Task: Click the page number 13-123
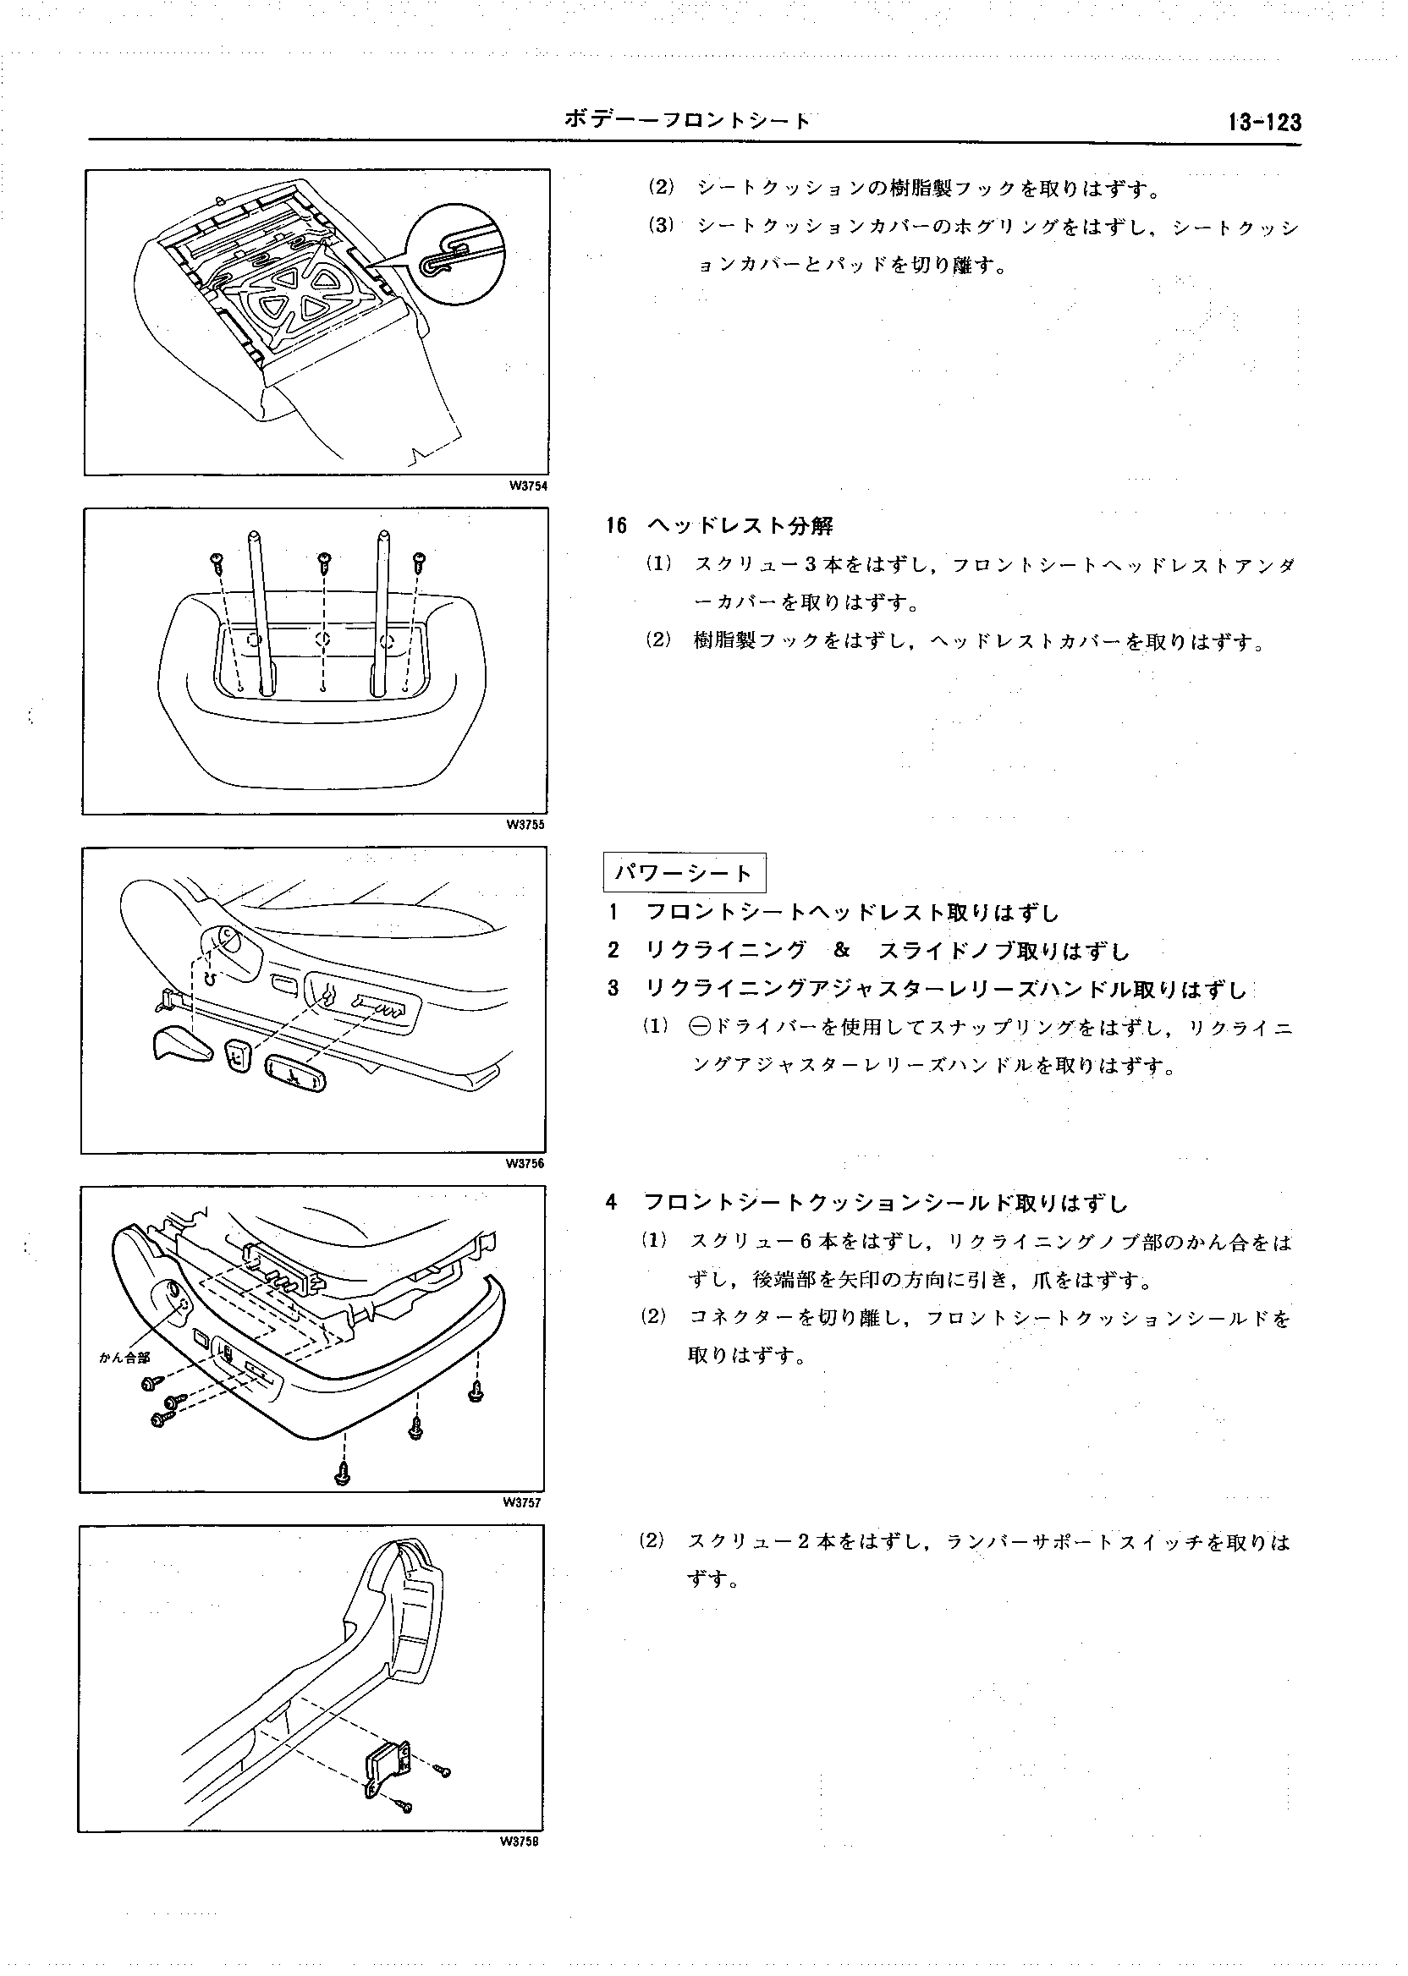tap(1264, 122)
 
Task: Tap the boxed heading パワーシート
tap(684, 873)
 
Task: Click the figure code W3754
tap(528, 486)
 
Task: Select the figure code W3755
tap(526, 825)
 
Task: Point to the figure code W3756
tap(525, 1164)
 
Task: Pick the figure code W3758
tap(520, 1842)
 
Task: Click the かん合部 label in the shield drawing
tap(126, 1358)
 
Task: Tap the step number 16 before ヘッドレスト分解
tap(617, 526)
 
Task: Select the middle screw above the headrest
tap(325, 562)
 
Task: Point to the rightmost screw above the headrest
tap(421, 562)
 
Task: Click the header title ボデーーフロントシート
tap(687, 120)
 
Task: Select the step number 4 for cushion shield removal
tap(612, 1203)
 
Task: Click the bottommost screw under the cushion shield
tap(344, 1473)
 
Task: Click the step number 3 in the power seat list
tap(613, 989)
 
